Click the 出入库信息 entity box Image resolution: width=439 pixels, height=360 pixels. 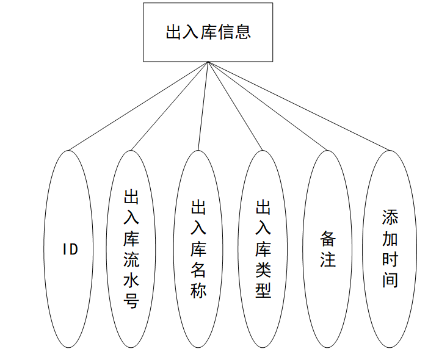(208, 32)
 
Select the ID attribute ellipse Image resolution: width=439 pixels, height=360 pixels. (70, 249)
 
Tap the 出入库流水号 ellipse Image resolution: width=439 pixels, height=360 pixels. (131, 249)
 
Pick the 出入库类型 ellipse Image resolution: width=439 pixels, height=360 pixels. (263, 249)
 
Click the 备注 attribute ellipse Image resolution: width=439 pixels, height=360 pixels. (328, 249)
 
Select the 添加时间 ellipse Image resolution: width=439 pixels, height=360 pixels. (390, 249)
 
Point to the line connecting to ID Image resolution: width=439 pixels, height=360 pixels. (139, 106)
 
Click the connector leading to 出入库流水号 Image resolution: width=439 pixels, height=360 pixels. (170, 106)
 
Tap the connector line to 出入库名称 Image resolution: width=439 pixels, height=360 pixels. (203, 106)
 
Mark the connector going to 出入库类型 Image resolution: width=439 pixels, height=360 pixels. (236, 106)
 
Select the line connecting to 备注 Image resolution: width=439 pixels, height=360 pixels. (268, 106)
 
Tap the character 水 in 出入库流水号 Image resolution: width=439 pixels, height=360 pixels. (131, 281)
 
